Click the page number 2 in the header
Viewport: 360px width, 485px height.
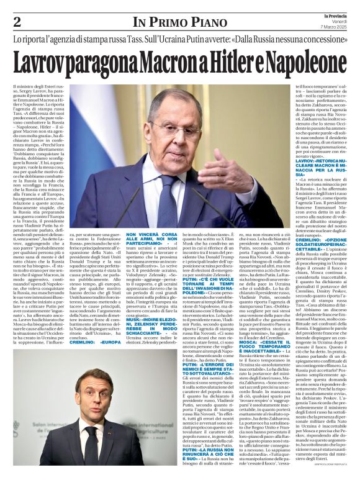(x=17, y=22)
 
